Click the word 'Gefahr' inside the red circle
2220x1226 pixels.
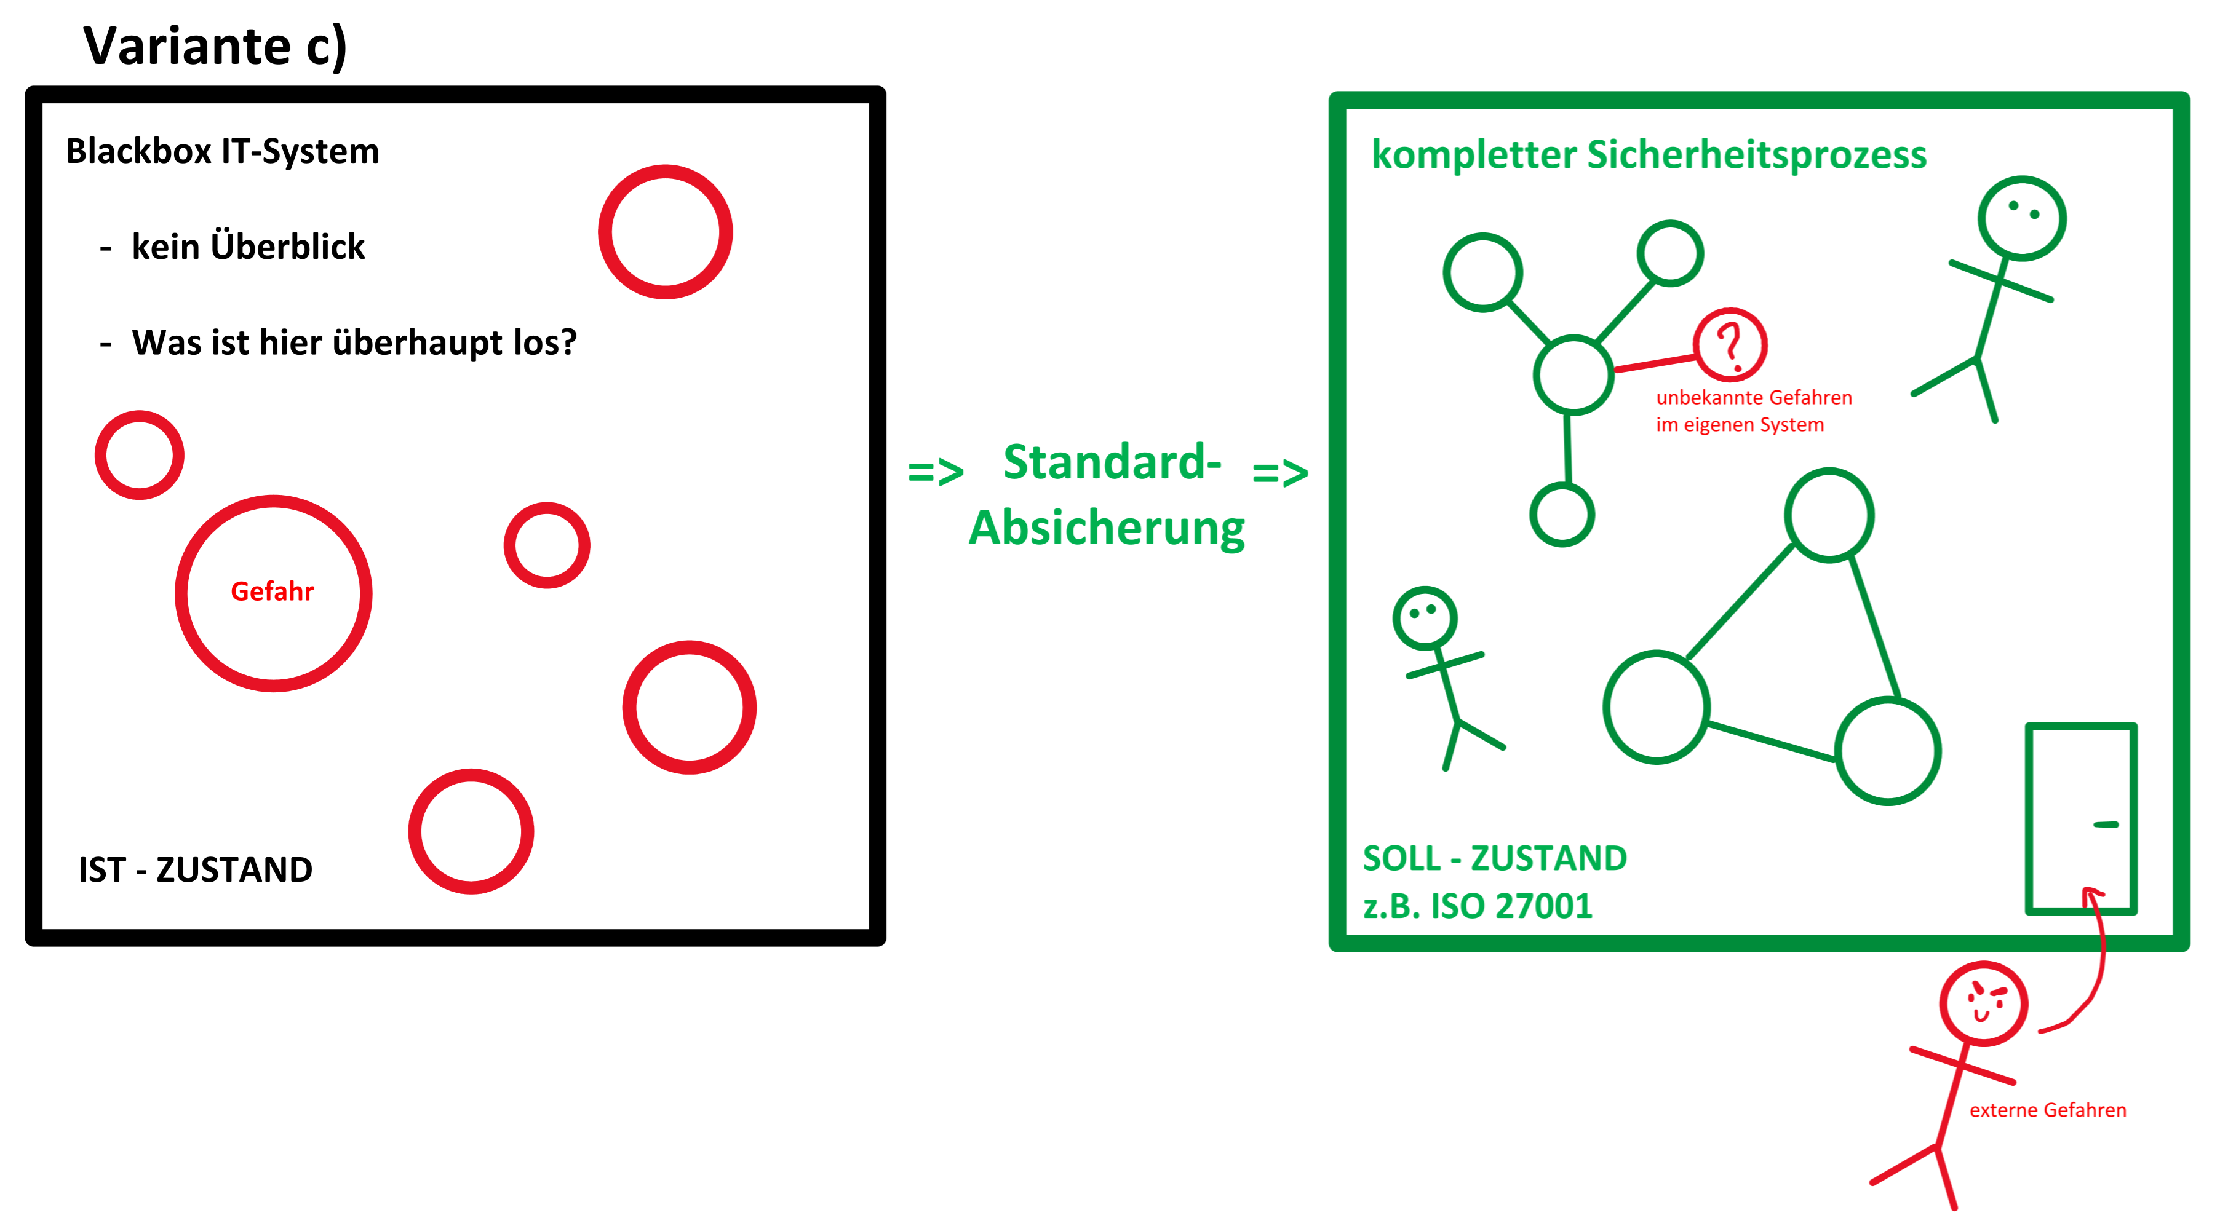(273, 592)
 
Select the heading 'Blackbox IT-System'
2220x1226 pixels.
(222, 152)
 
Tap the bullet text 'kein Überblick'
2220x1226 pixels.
(248, 247)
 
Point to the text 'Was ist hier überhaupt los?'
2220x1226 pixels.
(353, 343)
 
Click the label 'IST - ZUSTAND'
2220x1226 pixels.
(196, 870)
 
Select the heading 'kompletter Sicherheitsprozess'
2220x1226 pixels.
(1649, 155)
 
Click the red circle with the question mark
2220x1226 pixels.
(1730, 345)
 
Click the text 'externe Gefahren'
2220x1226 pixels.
(2048, 1110)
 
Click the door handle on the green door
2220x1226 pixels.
(2106, 825)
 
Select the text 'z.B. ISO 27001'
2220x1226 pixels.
(1477, 906)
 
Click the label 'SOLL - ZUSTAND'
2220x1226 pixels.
(1494, 859)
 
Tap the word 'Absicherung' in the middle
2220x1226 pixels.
(1107, 528)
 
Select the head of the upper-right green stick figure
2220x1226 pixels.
(2022, 218)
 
